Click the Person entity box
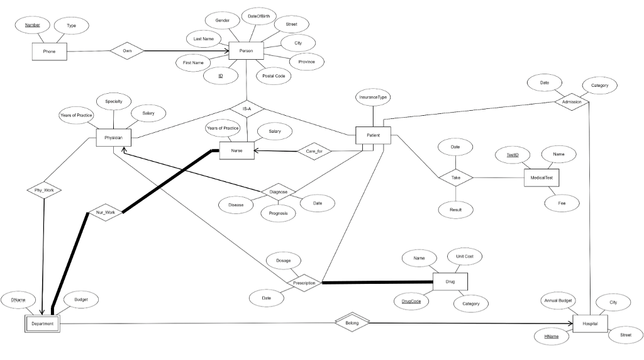click(x=246, y=50)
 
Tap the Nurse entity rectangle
click(x=236, y=151)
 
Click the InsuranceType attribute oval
click(x=374, y=98)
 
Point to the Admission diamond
click(x=572, y=101)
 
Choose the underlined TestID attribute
click(x=512, y=154)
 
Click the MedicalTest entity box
click(x=541, y=178)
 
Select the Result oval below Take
click(x=456, y=209)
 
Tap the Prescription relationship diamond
click(x=304, y=283)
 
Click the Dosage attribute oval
click(x=284, y=260)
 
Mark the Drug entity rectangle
click(x=450, y=281)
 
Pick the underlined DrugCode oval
click(x=411, y=301)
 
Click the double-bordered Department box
click(x=42, y=323)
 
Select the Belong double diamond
click(x=352, y=323)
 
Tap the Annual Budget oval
click(x=557, y=301)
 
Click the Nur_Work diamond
click(x=105, y=213)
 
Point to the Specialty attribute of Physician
click(x=114, y=101)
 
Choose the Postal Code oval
click(x=274, y=76)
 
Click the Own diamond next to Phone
click(x=128, y=50)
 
